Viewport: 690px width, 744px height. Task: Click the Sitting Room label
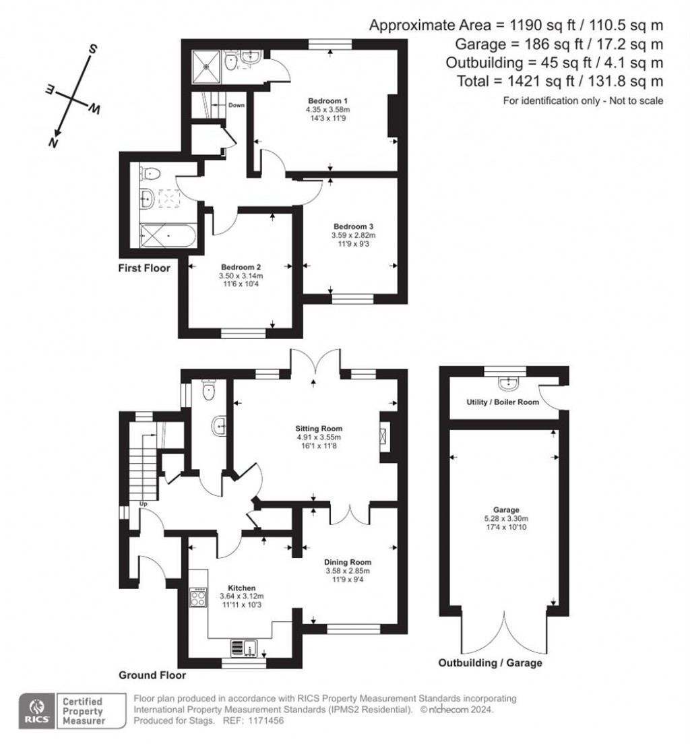pos(319,428)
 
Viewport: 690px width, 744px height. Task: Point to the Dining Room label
pos(348,561)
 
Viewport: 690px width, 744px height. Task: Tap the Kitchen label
pos(241,587)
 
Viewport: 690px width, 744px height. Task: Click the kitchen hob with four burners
pos(199,597)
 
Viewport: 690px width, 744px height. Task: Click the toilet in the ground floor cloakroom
pos(210,388)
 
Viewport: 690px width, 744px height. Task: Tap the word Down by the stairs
pos(236,105)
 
